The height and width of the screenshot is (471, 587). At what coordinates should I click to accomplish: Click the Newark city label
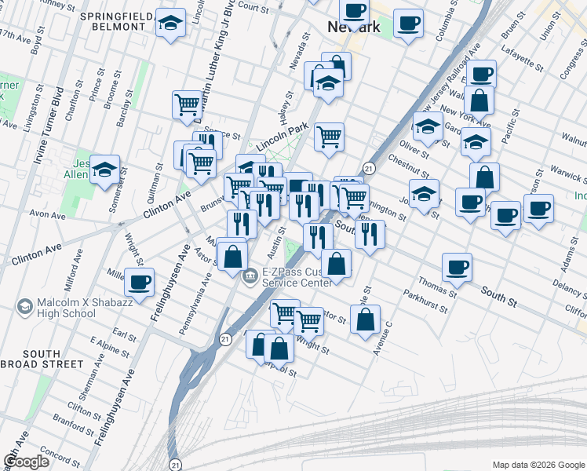click(353, 27)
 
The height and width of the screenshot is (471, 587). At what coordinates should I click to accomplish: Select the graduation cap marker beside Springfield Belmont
click(170, 24)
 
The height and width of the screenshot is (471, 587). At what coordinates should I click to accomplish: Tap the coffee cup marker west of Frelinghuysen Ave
click(140, 282)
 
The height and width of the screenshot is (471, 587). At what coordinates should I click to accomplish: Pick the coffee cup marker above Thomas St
click(457, 268)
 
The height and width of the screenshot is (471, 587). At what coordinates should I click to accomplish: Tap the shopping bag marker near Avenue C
click(365, 319)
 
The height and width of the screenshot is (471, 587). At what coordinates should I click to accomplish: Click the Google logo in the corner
click(27, 462)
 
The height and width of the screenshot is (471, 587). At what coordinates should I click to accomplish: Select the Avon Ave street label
click(47, 214)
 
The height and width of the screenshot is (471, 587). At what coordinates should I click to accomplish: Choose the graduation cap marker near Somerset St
click(104, 170)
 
